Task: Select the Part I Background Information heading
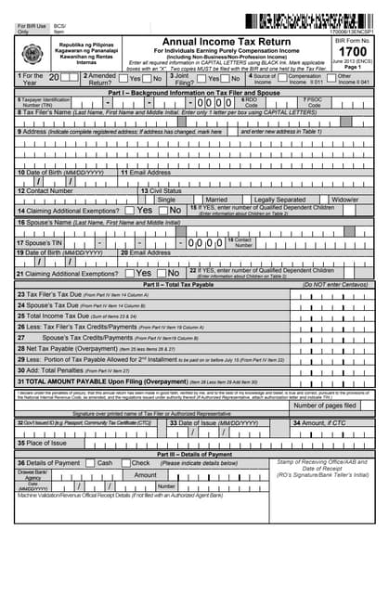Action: click(x=194, y=95)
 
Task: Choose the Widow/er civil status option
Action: click(x=345, y=200)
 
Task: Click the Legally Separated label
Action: click(x=279, y=200)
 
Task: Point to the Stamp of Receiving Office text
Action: click(x=321, y=461)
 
